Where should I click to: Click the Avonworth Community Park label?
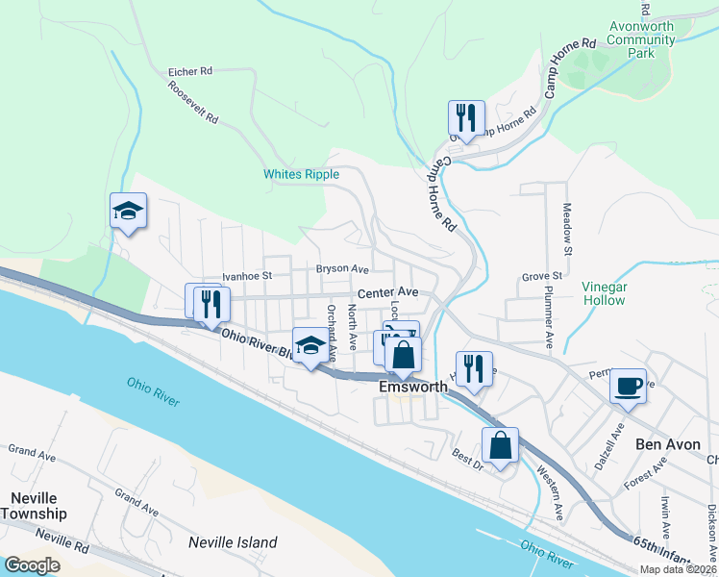click(641, 39)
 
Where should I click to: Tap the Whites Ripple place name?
click(302, 174)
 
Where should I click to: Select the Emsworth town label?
click(413, 387)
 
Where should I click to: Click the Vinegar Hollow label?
click(604, 293)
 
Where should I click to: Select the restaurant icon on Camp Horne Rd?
click(465, 118)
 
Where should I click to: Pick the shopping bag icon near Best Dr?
click(500, 445)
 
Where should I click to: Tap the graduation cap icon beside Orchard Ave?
click(310, 345)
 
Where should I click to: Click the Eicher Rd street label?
click(189, 71)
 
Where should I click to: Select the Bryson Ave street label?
click(342, 269)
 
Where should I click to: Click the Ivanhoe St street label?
click(248, 276)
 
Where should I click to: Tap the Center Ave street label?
click(387, 291)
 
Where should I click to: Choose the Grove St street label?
click(541, 277)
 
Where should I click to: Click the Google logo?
click(32, 564)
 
